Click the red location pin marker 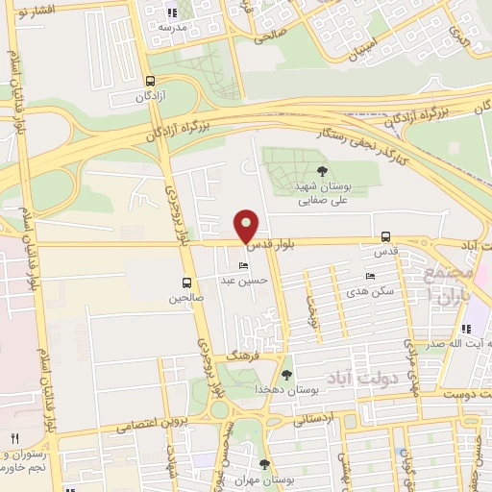247,226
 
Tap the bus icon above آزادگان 150,82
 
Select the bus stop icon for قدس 385,236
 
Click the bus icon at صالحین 187,283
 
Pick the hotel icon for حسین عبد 243,265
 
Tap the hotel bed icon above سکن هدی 371,277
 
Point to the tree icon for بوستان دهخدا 286,374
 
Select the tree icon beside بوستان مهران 264,464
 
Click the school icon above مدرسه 173,12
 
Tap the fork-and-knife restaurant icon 13,437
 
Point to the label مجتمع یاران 443,284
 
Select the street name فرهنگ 238,356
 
